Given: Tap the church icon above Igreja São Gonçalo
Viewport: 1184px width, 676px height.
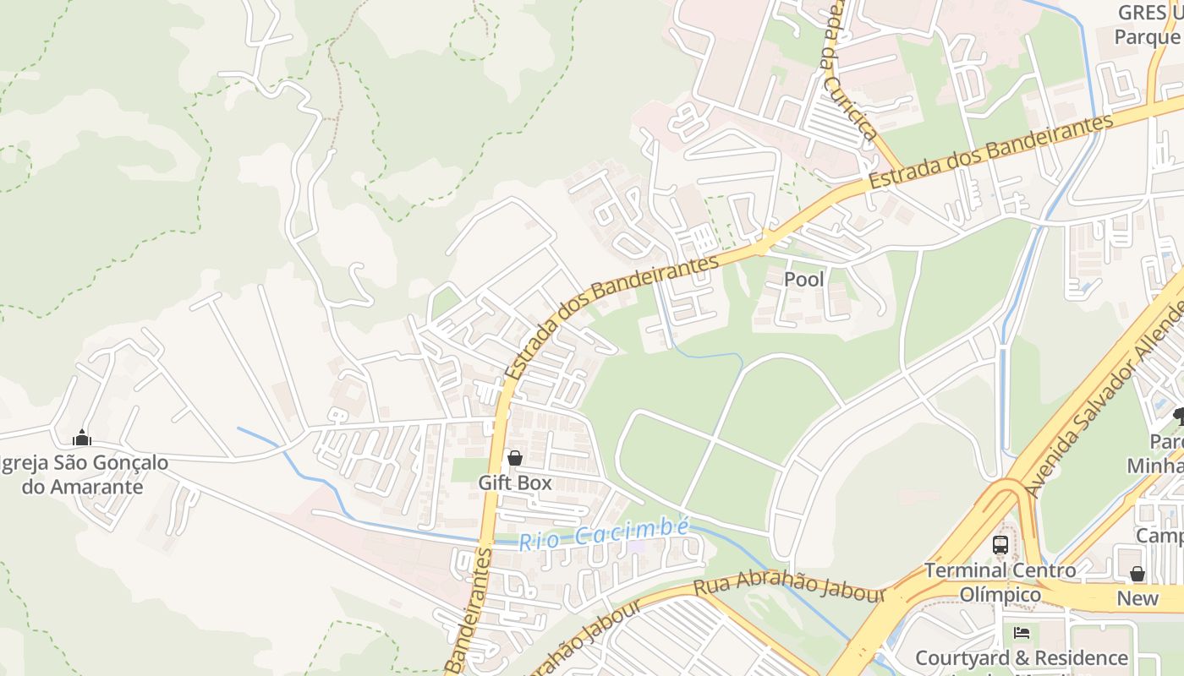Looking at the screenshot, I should click(x=82, y=438).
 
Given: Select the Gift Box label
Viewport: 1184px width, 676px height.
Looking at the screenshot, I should click(x=514, y=482).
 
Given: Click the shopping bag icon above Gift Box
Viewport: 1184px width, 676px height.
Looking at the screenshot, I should click(x=514, y=458).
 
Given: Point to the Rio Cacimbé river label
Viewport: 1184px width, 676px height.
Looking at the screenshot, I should click(x=604, y=534).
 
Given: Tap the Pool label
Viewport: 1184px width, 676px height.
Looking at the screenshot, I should click(x=803, y=279).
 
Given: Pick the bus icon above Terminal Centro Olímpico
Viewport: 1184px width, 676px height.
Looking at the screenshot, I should click(x=1000, y=545).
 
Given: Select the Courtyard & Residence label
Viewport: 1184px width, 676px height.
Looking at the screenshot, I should click(x=1022, y=657).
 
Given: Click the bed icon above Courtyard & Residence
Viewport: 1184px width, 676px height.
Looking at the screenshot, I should click(x=1022, y=632).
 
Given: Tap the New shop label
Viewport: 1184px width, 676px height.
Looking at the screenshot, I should click(x=1137, y=598).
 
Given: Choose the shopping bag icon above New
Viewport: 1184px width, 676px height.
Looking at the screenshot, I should click(x=1137, y=574).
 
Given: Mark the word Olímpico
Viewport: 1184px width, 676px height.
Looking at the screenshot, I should click(x=1000, y=595).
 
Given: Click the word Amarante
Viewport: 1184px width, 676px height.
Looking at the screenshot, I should click(x=82, y=487).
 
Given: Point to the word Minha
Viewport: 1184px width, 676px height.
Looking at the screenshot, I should click(x=1155, y=466).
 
